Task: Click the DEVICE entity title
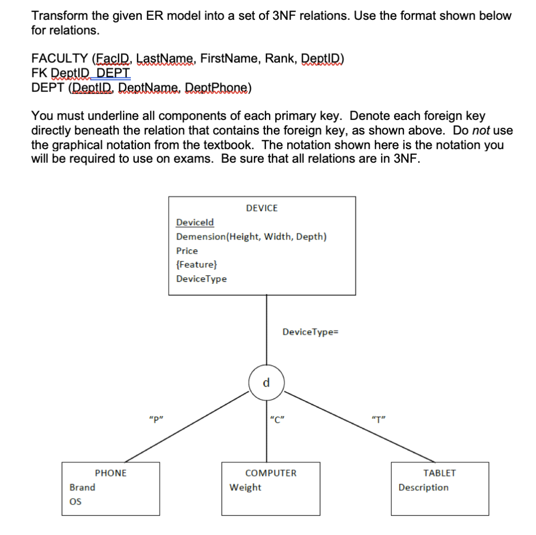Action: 262,208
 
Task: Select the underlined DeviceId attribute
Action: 195,222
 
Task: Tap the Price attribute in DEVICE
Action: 187,251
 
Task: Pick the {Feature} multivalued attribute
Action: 193,265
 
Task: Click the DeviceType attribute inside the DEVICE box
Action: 202,279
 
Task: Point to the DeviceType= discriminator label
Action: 311,332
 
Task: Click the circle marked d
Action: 266,383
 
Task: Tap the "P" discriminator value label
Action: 154,419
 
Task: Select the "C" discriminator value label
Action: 275,419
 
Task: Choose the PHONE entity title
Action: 110,473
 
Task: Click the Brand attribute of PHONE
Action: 82,487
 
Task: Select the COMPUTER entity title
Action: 271,473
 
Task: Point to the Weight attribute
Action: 245,487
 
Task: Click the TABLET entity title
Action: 439,473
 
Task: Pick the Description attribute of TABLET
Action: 423,487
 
